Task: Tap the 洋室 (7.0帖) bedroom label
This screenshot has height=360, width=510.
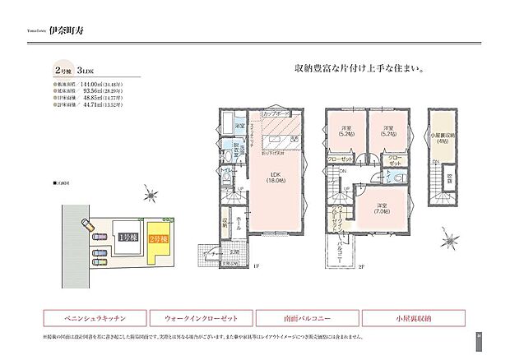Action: click(x=381, y=207)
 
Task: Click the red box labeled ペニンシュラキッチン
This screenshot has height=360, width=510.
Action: click(x=93, y=316)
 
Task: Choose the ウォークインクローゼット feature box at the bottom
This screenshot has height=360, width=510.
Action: click(x=201, y=316)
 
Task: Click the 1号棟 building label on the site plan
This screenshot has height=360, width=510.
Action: click(x=125, y=238)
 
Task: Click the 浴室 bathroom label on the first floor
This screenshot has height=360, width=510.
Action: click(x=237, y=126)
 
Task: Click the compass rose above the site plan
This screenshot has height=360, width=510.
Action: click(x=147, y=195)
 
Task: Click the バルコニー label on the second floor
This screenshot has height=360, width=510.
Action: click(x=348, y=244)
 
